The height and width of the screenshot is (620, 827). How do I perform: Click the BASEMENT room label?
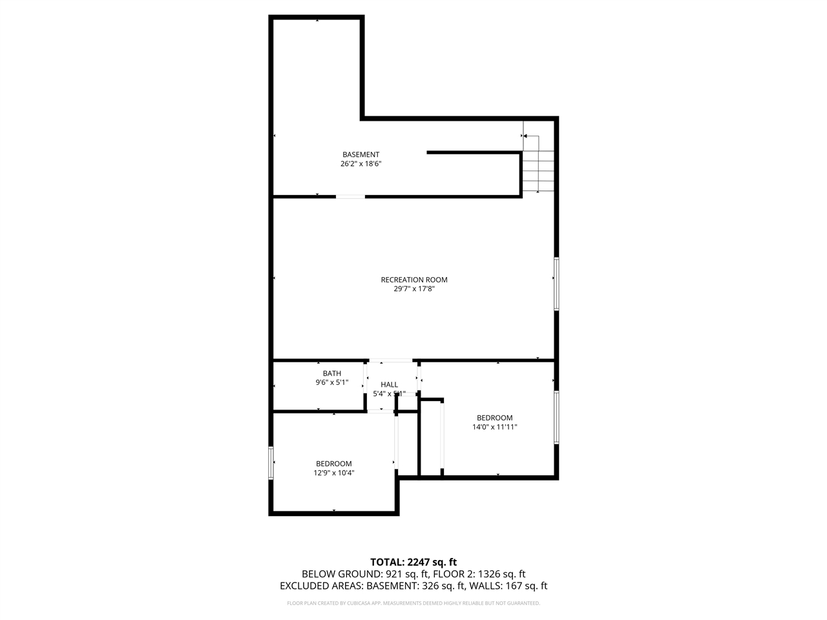[361, 154]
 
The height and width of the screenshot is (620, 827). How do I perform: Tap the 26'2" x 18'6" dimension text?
[361, 164]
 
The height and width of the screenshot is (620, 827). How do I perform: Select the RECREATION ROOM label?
[414, 280]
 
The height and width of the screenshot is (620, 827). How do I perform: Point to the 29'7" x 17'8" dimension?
[414, 289]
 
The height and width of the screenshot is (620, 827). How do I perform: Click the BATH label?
[332, 373]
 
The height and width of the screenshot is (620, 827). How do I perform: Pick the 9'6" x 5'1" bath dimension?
[332, 382]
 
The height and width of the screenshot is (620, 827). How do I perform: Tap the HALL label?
[389, 384]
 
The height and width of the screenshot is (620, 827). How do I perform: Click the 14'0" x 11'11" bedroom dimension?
[495, 427]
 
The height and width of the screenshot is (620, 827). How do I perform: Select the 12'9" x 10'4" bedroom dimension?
[334, 473]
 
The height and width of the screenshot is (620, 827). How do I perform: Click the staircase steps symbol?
[539, 170]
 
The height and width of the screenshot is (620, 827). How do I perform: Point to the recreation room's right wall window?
[556, 284]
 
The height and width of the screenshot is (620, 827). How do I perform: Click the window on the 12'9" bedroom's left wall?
[271, 462]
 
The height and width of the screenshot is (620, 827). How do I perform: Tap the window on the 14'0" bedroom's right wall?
[556, 417]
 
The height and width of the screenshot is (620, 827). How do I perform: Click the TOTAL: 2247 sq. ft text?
[413, 562]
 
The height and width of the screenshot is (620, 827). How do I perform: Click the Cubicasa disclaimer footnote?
[413, 603]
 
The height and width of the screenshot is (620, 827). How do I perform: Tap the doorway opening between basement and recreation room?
[350, 196]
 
